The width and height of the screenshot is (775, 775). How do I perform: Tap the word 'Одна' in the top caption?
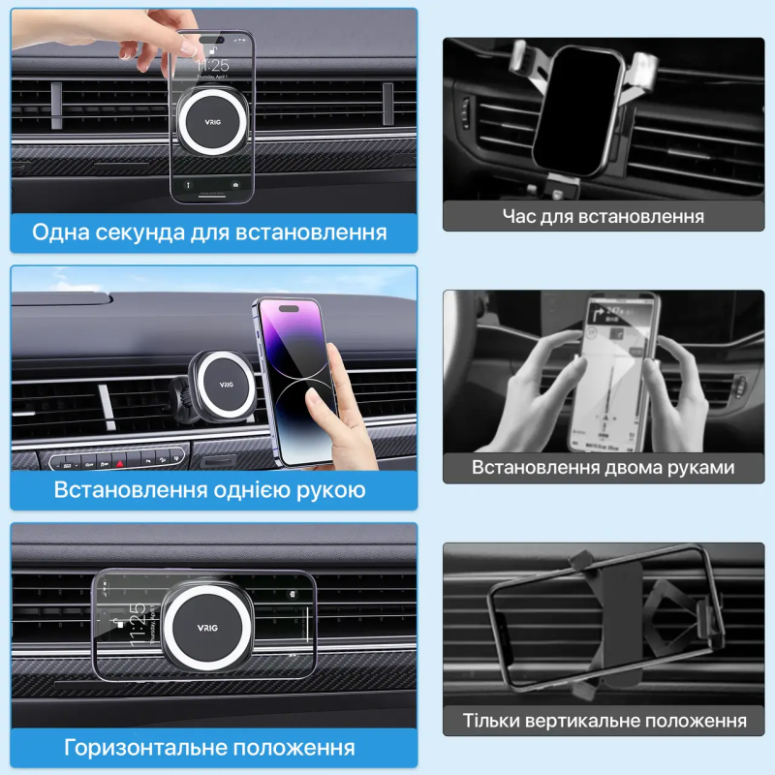[x=60, y=232]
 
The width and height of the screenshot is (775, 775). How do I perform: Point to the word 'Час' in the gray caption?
[x=519, y=216]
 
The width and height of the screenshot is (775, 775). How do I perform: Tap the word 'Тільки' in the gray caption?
[x=491, y=720]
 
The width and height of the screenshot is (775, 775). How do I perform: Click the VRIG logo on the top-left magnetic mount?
[x=212, y=122]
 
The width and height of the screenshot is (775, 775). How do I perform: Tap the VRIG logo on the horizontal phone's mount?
[x=207, y=628]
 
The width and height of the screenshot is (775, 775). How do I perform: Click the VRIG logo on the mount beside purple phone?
[x=227, y=384]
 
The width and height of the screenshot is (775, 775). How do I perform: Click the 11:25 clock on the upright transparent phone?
[x=212, y=65]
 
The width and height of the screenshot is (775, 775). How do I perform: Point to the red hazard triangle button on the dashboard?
[x=119, y=464]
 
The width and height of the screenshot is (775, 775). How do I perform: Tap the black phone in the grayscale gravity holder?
[x=576, y=110]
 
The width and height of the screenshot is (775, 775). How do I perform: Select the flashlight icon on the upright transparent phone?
[x=188, y=185]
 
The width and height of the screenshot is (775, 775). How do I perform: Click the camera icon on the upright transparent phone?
[x=235, y=185]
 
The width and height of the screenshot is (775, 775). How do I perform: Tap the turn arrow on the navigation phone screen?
[x=597, y=314]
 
